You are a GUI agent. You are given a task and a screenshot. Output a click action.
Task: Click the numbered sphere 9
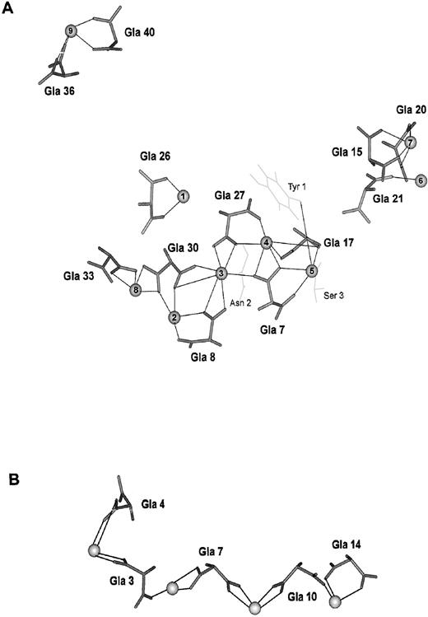(71, 31)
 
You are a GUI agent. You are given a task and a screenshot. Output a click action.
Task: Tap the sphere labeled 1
(183, 196)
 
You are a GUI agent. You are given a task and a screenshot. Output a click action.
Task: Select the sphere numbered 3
(221, 273)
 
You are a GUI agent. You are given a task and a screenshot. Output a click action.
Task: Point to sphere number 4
(266, 242)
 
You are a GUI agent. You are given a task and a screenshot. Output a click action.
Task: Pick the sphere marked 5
(311, 270)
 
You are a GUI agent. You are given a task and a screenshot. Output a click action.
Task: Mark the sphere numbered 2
(174, 317)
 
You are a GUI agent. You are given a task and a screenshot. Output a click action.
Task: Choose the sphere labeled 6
(136, 289)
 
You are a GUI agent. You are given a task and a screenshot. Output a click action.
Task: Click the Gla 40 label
(140, 33)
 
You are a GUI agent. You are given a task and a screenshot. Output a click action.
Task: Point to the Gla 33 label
(78, 277)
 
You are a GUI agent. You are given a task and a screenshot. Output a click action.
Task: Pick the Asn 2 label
(239, 302)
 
